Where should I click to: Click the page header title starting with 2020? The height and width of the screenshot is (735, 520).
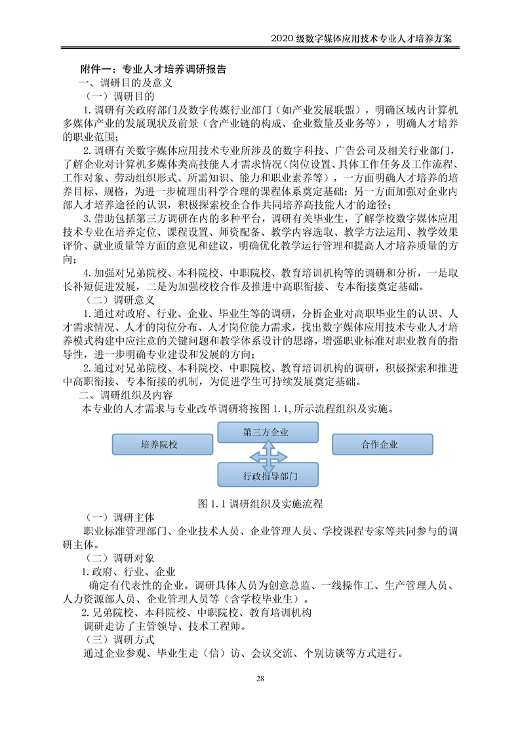361,39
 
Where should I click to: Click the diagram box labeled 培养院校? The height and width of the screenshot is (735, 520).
159,444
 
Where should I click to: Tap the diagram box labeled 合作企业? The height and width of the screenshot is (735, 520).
379,444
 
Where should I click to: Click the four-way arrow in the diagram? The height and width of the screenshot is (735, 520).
267,454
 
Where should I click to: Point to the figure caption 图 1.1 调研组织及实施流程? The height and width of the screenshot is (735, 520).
260,504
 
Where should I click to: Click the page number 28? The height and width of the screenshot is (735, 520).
260,678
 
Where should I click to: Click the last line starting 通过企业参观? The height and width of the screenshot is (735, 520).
243,653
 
